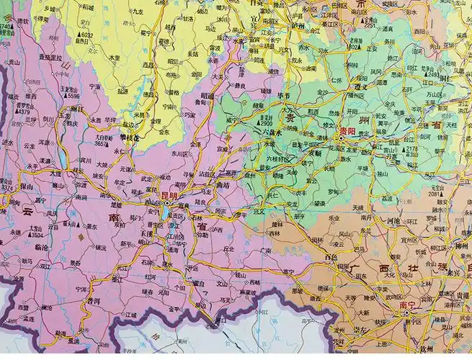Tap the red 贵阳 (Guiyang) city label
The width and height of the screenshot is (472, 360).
click(x=347, y=132)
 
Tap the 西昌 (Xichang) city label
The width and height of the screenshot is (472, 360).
click(x=148, y=64)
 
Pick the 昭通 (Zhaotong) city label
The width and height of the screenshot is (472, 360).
click(x=207, y=94)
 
